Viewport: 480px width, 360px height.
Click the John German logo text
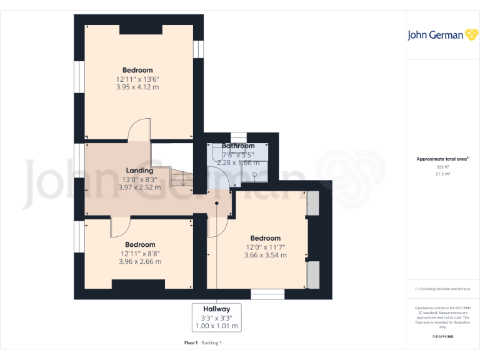tap(436, 35)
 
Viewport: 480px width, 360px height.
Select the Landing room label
tap(139, 171)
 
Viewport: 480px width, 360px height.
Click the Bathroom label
tap(238, 146)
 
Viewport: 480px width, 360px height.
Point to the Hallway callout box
tap(216, 317)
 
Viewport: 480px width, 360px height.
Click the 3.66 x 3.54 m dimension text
tap(265, 255)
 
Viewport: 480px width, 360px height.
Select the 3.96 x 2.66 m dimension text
tap(140, 261)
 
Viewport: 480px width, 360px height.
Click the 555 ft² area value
tap(442, 167)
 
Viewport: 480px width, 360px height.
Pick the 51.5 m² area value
tap(442, 174)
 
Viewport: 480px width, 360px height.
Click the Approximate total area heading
tap(442, 159)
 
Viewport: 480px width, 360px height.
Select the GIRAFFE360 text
tap(442, 336)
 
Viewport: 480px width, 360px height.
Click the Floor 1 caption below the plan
tap(191, 342)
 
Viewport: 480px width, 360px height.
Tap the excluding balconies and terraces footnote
tap(442, 289)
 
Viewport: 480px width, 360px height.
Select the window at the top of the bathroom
tap(239, 137)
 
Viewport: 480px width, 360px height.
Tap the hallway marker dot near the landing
tap(217, 203)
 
